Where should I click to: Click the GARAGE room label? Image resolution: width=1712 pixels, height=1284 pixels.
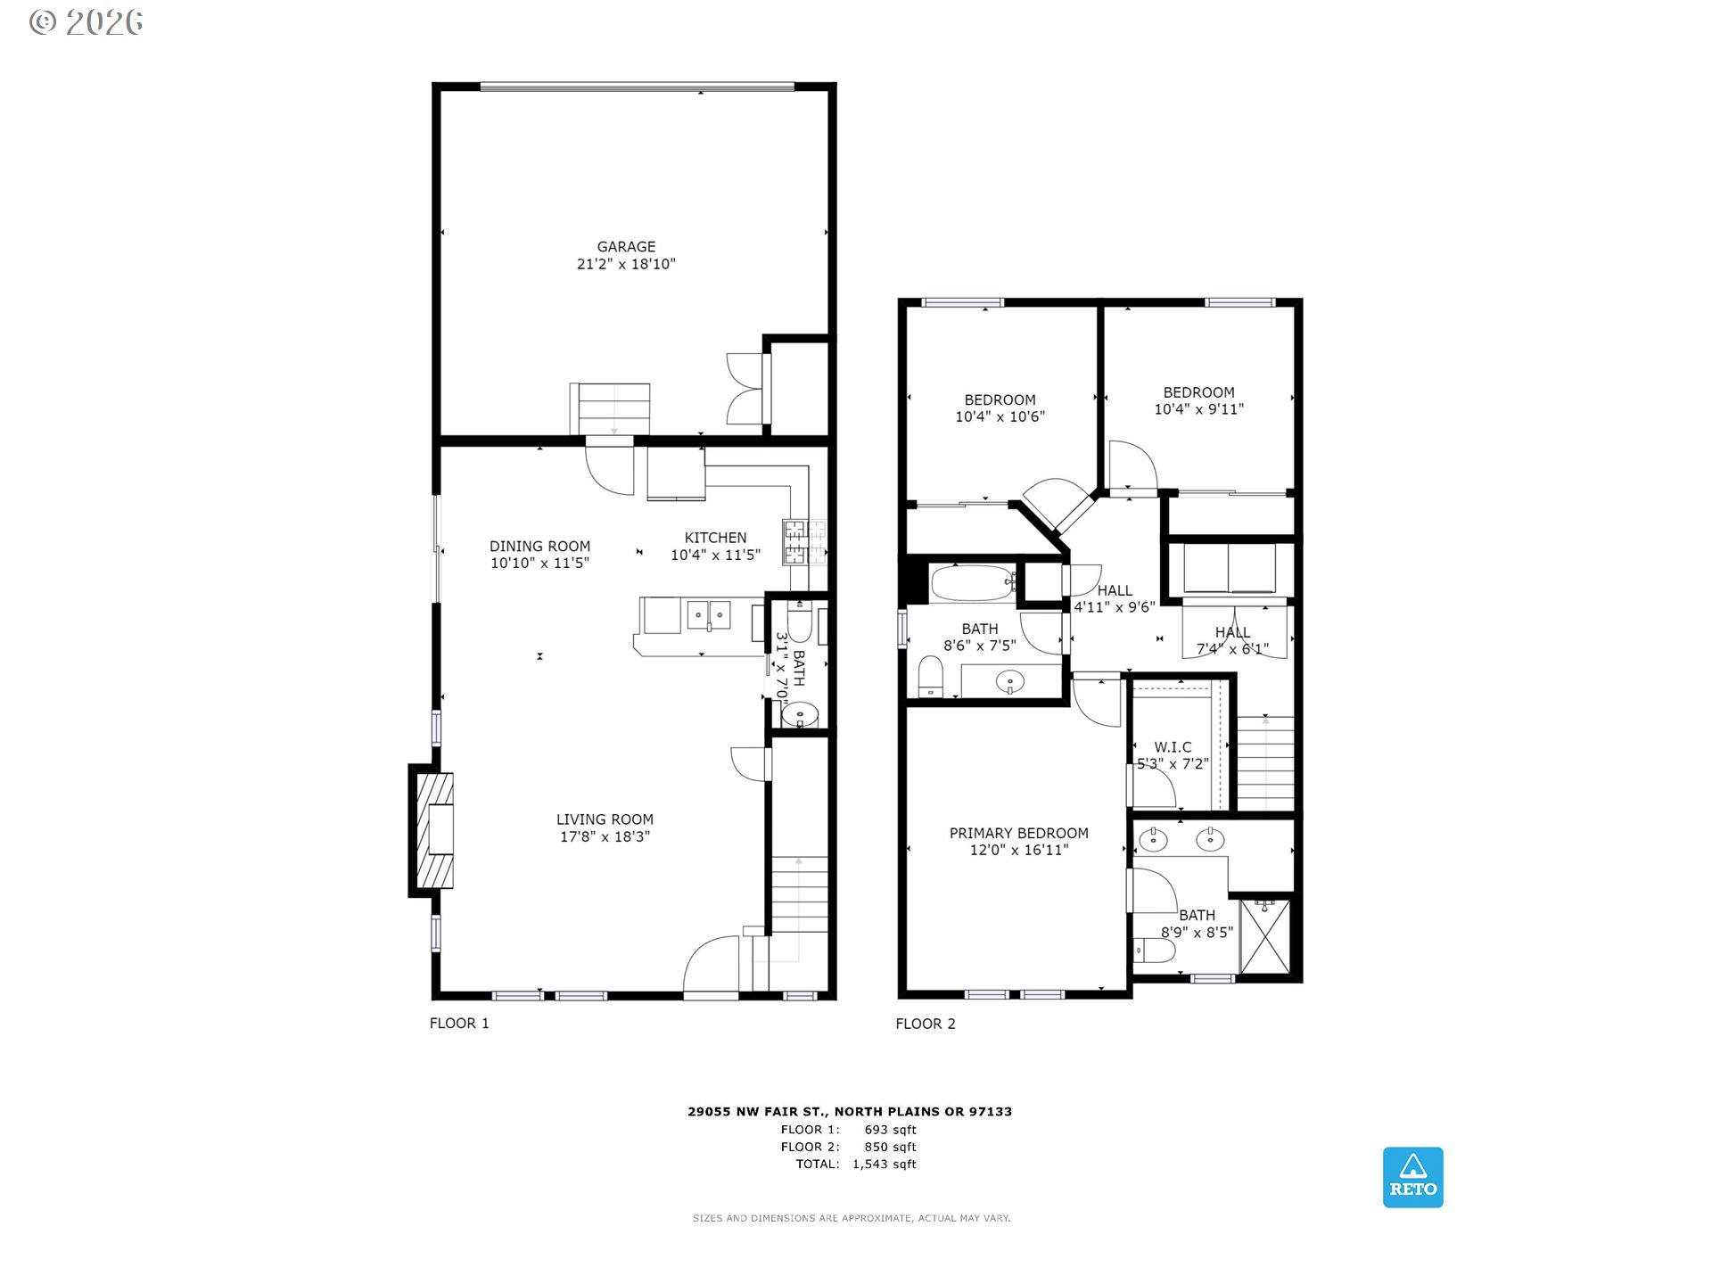(x=626, y=247)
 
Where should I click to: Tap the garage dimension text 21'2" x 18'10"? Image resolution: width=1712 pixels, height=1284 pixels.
(x=626, y=264)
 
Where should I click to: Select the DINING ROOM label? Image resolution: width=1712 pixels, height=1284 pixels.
(x=539, y=547)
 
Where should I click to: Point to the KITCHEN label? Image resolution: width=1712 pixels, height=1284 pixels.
(x=715, y=538)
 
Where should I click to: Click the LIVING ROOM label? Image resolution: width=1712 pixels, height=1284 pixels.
(x=605, y=819)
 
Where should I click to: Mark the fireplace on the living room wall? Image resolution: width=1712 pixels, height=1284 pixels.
(x=432, y=830)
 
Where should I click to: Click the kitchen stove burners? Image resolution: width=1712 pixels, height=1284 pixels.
(x=804, y=541)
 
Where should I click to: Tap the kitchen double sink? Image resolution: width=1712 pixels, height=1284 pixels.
(x=709, y=614)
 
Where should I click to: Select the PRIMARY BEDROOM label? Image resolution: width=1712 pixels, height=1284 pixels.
(x=1018, y=833)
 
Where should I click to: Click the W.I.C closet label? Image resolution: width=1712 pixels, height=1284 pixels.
(x=1173, y=747)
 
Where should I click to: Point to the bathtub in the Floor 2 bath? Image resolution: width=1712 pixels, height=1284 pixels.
(x=973, y=583)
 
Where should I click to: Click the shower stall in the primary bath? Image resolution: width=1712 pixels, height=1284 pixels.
(x=1264, y=936)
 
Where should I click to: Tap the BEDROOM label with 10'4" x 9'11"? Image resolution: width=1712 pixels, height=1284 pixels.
(x=1198, y=392)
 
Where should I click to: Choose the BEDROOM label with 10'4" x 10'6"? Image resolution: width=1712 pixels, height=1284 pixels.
(x=1000, y=400)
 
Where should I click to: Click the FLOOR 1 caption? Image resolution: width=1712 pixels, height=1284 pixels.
(x=459, y=1023)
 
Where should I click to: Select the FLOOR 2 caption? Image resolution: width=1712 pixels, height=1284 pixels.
(x=926, y=1024)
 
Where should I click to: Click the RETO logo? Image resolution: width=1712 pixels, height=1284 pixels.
(x=1412, y=1177)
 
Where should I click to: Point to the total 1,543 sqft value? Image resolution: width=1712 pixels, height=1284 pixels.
(x=885, y=1164)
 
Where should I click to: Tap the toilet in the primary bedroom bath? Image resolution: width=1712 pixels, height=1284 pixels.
(x=1154, y=951)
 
